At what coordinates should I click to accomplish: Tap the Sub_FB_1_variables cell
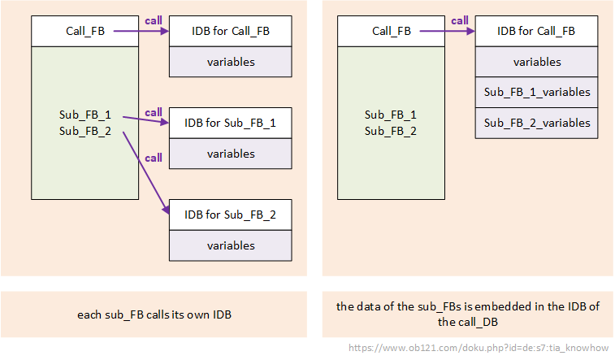536,92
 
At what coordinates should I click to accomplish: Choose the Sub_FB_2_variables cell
536,123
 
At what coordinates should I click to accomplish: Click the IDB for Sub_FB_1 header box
230,124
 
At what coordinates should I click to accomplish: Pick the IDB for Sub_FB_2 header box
230,215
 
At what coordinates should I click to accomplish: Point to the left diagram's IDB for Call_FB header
230,32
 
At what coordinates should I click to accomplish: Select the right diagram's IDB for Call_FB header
536,32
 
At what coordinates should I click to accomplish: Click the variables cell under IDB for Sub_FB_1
230,154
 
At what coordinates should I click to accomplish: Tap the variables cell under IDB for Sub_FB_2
230,245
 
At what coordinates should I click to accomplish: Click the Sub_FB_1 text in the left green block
85,115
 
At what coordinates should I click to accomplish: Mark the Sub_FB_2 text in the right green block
391,131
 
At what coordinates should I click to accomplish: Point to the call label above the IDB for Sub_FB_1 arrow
153,111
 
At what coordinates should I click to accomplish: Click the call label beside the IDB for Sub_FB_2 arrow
153,158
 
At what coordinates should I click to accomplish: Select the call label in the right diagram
460,20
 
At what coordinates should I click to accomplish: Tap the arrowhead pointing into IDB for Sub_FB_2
165,210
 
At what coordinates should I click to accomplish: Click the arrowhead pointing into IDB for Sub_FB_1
165,124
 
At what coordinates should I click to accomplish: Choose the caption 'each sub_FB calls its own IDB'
154,314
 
